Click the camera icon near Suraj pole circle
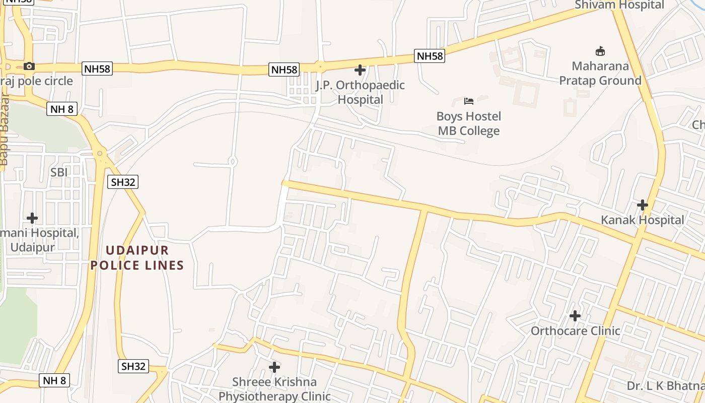click(29, 66)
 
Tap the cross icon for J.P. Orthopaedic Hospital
click(360, 70)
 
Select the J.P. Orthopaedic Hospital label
click(360, 92)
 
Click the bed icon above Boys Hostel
click(469, 101)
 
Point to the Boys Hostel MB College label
click(469, 124)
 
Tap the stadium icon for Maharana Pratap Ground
click(600, 51)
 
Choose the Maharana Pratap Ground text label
click(600, 74)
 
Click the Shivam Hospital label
click(620, 5)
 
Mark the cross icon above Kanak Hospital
click(643, 205)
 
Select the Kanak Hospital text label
click(643, 220)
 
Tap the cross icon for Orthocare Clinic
click(575, 316)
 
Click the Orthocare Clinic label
click(575, 331)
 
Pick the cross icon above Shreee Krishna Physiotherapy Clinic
click(274, 367)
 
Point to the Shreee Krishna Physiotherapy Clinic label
click(274, 389)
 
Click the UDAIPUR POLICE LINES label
click(137, 258)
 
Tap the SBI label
click(59, 172)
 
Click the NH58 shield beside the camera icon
click(97, 69)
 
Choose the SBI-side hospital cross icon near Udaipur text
click(32, 218)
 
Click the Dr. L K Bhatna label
click(665, 386)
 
